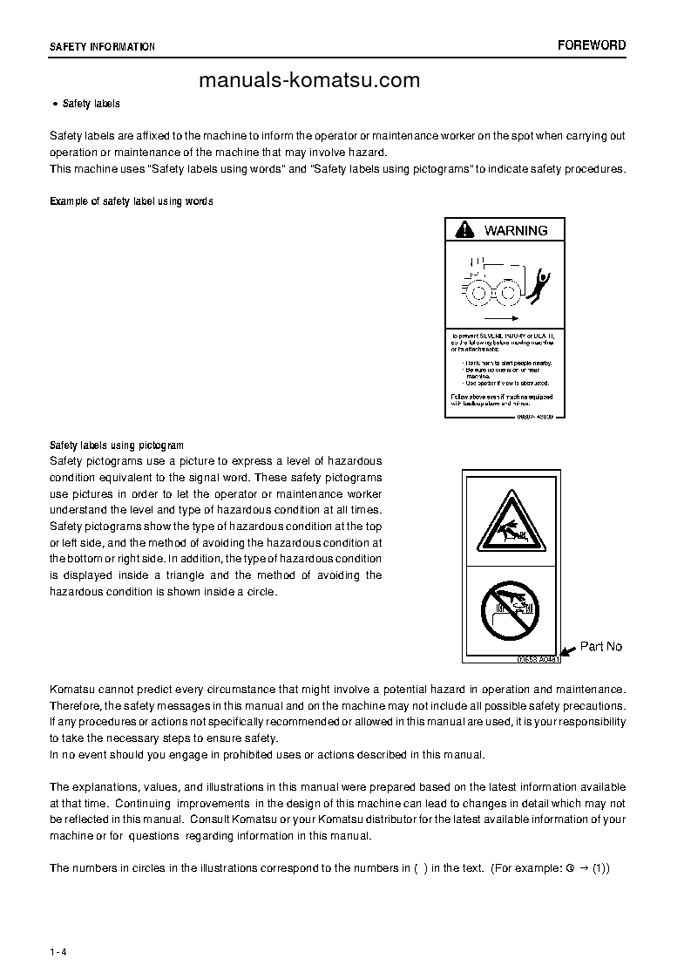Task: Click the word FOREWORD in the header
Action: coord(591,45)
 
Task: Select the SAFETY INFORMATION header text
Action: coord(102,47)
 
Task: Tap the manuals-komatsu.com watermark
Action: coord(309,81)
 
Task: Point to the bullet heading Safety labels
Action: coord(91,104)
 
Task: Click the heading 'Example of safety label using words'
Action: coord(132,201)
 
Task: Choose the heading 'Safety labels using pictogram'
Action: coord(117,445)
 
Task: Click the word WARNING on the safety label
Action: coord(516,231)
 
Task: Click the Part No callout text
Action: coord(601,646)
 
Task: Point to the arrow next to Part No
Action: coord(567,649)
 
